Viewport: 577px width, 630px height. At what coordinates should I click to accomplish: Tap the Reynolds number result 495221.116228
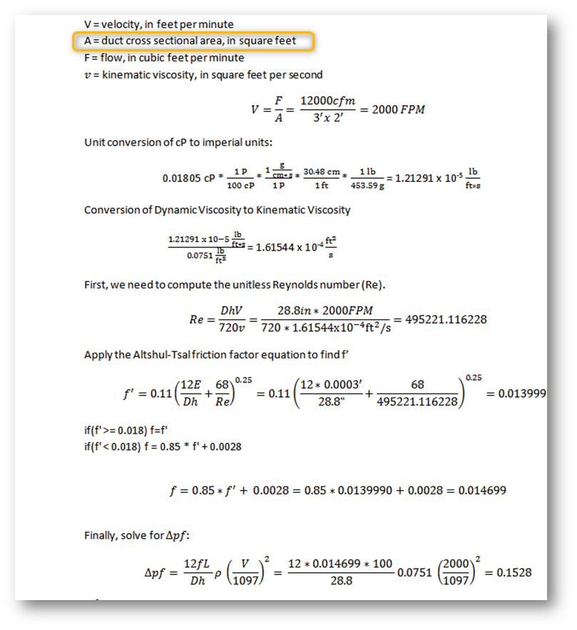(x=446, y=319)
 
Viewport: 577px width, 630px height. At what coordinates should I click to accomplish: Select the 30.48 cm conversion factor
(x=320, y=171)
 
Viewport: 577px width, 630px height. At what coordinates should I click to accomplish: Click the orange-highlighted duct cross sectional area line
(x=194, y=41)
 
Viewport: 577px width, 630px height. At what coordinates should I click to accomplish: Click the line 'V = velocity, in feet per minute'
(x=159, y=24)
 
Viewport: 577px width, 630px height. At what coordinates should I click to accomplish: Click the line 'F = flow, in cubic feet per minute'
(x=164, y=58)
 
